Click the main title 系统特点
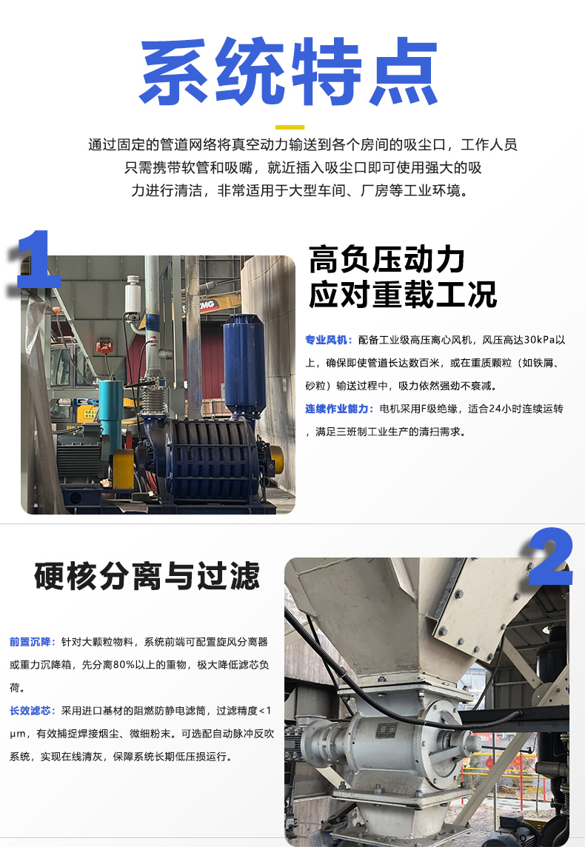tap(289, 71)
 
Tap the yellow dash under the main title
tap(290, 127)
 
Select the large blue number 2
tap(550, 557)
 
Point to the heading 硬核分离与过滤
tap(147, 576)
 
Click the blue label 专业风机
tap(327, 340)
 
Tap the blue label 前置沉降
tap(30, 642)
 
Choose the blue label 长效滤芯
tap(30, 710)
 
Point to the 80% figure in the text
tap(124, 665)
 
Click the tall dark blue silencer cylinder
tap(244, 365)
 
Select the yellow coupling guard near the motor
tap(123, 470)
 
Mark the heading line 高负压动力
tap(387, 260)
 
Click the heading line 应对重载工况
tap(402, 295)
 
